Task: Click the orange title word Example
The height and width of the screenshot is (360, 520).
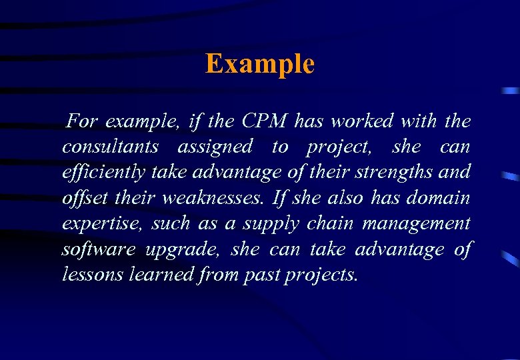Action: pyautogui.click(x=259, y=64)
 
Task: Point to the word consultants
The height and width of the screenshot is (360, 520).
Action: pyautogui.click(x=110, y=147)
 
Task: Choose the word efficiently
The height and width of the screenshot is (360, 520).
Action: pyautogui.click(x=103, y=172)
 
